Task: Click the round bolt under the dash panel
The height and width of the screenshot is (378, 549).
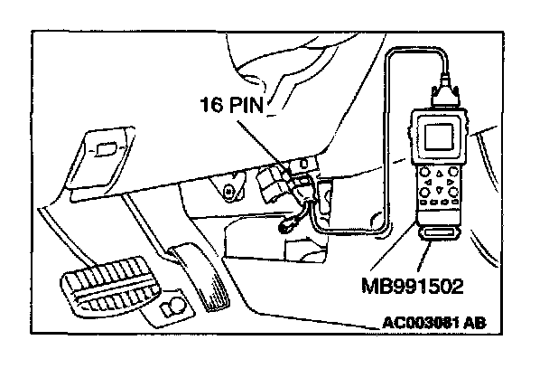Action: click(x=229, y=192)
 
